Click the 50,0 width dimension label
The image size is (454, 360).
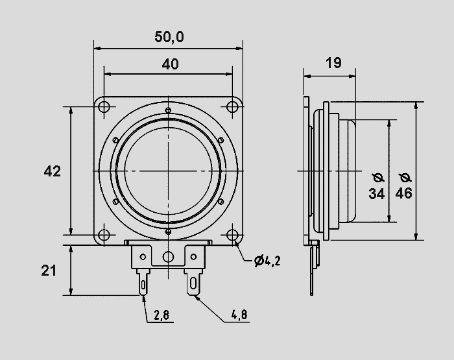pos(169,37)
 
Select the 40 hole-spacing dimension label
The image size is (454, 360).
pos(170,64)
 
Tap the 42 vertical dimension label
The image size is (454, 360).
pos(53,171)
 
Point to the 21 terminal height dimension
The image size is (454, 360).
pos(49,270)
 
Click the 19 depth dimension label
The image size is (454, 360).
pos(333,63)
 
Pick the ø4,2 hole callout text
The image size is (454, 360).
pos(267,261)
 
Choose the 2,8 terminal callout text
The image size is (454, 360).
pos(161,315)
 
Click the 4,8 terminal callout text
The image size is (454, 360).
pos(239,315)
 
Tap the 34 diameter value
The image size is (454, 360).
pos(377,193)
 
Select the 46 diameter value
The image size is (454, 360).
pos(404,193)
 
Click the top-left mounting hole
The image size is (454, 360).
pos(104,106)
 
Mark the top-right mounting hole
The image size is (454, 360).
pos(232,106)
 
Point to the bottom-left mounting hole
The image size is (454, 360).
pos(104,235)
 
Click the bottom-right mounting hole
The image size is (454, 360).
pos(232,235)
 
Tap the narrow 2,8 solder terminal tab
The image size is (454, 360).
pos(143,282)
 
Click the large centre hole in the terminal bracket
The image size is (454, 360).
pos(168,257)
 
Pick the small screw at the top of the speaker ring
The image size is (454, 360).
pos(168,110)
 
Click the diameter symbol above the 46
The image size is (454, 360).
pos(405,178)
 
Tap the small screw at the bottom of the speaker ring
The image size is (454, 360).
pos(168,232)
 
